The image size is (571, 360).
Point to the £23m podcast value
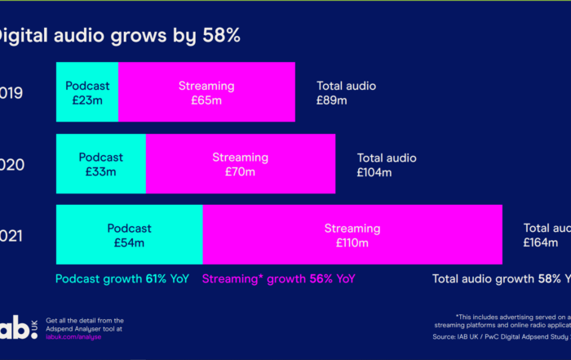pyautogui.click(x=87, y=100)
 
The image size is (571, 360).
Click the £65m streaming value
pyautogui.click(x=206, y=100)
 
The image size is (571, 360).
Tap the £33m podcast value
pyautogui.click(x=101, y=172)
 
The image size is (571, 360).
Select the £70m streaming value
pyautogui.click(x=240, y=172)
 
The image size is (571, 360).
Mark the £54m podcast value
pyautogui.click(x=129, y=243)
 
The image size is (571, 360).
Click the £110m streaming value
pyautogui.click(x=352, y=243)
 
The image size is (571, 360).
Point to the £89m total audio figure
pyautogui.click(x=332, y=100)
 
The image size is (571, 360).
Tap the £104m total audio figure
pyautogui.click(x=374, y=172)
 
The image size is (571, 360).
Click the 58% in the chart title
pyautogui.click(x=221, y=36)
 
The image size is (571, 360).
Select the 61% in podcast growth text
pyautogui.click(x=156, y=279)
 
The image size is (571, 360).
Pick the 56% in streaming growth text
pyautogui.click(x=321, y=279)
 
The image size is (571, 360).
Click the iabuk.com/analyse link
pyautogui.click(x=74, y=337)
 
